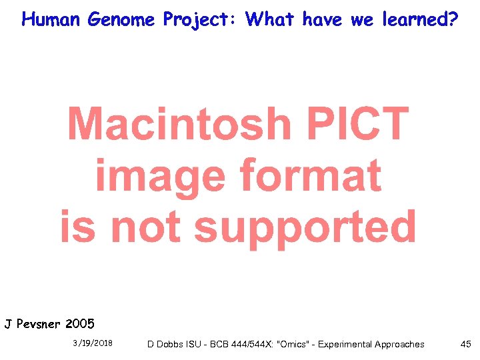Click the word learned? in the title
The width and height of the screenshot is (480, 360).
(419, 19)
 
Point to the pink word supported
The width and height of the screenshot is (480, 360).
(305, 228)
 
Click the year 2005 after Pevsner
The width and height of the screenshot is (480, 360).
(80, 325)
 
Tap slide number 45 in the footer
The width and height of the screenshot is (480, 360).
(465, 344)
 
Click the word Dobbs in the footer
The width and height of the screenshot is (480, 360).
(169, 345)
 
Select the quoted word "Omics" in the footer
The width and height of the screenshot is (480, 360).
(293, 345)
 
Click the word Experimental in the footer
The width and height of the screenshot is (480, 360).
(346, 345)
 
